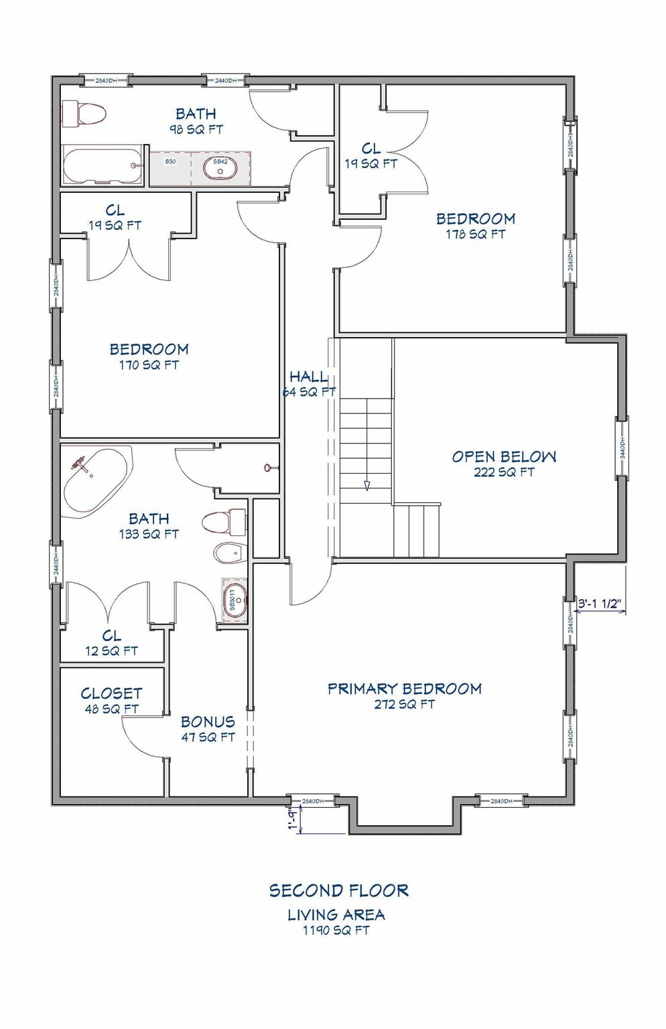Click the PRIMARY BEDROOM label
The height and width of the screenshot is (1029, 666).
pos(404,689)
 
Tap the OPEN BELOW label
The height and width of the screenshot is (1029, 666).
pos(503,457)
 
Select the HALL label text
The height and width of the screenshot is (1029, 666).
pos(309,376)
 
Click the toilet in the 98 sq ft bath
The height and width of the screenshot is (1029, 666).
pos(84,114)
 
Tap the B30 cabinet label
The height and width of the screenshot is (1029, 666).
pos(171,162)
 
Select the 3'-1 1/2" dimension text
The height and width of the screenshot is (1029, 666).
pos(600,603)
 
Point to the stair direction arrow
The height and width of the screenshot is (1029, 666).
pos(367,484)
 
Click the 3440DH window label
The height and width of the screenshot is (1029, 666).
pos(622,448)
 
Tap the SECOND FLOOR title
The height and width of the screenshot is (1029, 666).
pos(338,890)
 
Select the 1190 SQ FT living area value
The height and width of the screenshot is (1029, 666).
pos(336,931)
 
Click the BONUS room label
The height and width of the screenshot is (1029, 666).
pos(208,722)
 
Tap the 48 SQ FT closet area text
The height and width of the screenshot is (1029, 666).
pos(111,709)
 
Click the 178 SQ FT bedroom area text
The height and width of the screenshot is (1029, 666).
pos(475,234)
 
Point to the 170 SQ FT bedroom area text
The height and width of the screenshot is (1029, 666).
pos(149,365)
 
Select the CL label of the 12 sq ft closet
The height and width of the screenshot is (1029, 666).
pos(111,635)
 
